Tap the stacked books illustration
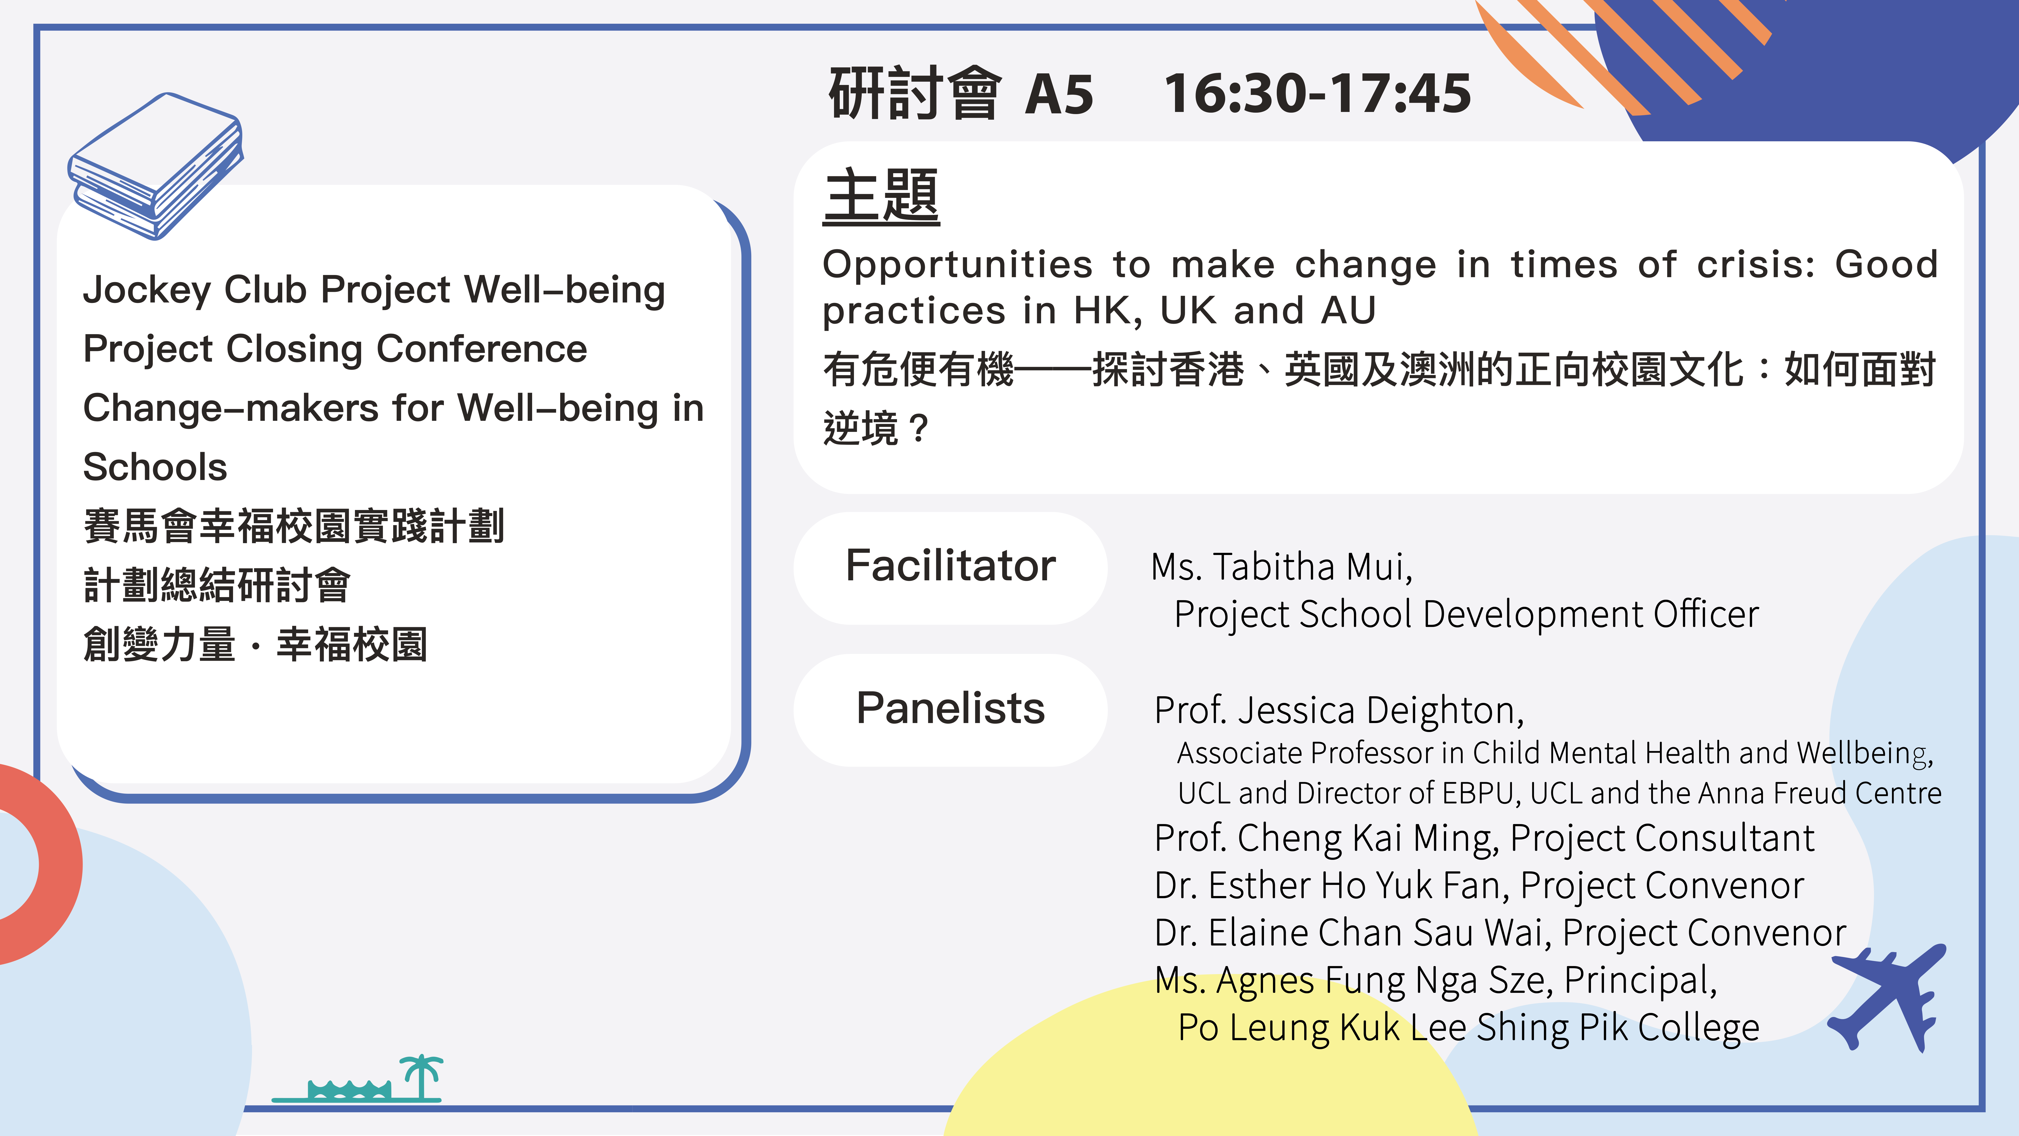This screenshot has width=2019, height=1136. (x=155, y=166)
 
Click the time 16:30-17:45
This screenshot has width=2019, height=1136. (x=1317, y=93)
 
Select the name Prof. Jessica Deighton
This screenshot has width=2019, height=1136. (x=1339, y=711)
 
